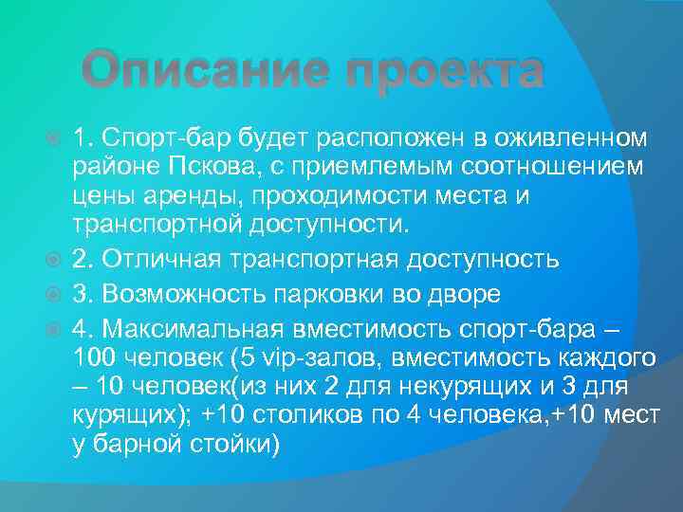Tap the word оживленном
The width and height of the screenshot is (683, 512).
570,139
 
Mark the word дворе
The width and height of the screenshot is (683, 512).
462,293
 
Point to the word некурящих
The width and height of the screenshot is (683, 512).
481,387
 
